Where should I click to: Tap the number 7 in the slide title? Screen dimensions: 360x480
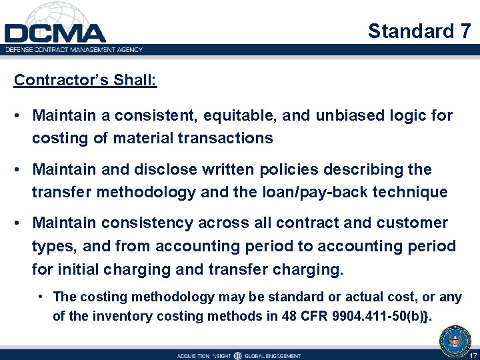[465, 31]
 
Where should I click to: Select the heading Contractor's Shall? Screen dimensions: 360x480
[85, 80]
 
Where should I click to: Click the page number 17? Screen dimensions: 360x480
[473, 355]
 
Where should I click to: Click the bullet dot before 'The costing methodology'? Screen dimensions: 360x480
[41, 297]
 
